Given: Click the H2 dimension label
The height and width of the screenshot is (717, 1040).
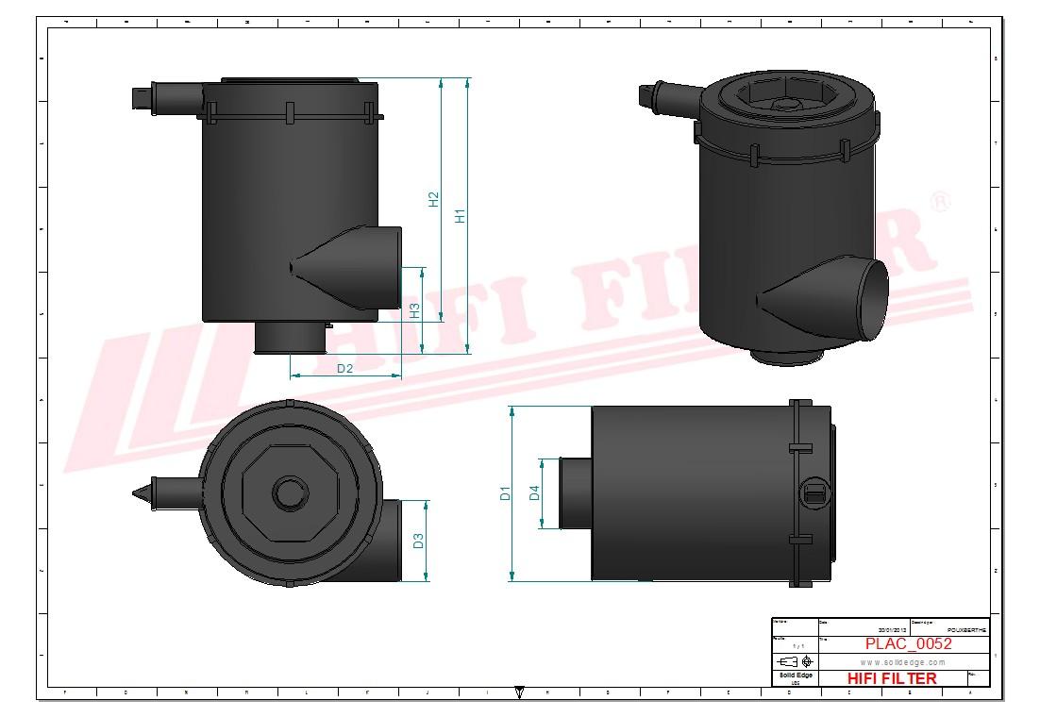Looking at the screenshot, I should coord(434,200).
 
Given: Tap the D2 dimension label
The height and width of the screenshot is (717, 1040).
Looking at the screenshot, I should coord(344,368).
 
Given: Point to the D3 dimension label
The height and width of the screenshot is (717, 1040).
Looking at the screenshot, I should coord(419,541).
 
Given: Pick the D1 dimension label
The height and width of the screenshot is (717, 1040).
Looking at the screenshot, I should coord(506,492).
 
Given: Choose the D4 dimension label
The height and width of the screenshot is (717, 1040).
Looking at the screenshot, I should coord(534,492).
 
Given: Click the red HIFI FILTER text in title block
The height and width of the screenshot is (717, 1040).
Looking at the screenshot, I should coord(891,678).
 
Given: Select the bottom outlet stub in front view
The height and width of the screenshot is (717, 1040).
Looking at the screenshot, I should coord(289,337).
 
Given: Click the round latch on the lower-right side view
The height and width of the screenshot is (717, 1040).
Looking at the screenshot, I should coord(814,491).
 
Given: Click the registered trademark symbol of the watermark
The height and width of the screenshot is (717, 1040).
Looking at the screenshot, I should coord(940,203).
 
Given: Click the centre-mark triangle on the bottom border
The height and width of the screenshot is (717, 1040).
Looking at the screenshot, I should coord(519,692).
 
